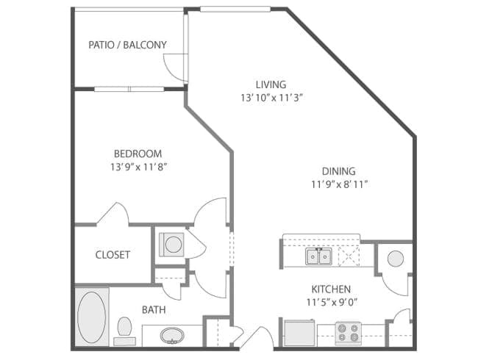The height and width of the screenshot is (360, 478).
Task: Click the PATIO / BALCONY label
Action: click(127, 45)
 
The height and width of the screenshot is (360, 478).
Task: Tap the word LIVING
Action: click(271, 84)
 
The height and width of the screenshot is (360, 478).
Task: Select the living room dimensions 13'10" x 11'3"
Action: click(271, 98)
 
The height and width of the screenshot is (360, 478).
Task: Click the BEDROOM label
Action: click(138, 154)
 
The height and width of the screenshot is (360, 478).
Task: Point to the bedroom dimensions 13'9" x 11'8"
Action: click(139, 167)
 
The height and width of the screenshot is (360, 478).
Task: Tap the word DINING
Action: click(339, 171)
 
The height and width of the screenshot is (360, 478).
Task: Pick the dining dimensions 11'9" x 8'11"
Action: click(339, 184)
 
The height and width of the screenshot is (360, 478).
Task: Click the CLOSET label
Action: click(113, 255)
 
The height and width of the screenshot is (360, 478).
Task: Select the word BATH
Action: click(154, 310)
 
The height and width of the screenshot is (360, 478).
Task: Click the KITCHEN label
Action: click(331, 289)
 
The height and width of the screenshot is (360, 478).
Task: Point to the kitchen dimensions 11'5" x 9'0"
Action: click(332, 303)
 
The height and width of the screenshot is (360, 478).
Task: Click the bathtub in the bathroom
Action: click(92, 317)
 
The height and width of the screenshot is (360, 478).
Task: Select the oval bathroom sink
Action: click(172, 335)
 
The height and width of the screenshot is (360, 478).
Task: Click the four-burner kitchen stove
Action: click(349, 334)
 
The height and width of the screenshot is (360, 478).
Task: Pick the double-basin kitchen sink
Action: click(319, 256)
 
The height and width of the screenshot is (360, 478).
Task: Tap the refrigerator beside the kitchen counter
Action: click(299, 333)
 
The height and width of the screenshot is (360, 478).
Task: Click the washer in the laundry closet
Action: click(171, 245)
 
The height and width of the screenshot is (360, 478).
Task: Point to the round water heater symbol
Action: click(396, 259)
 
